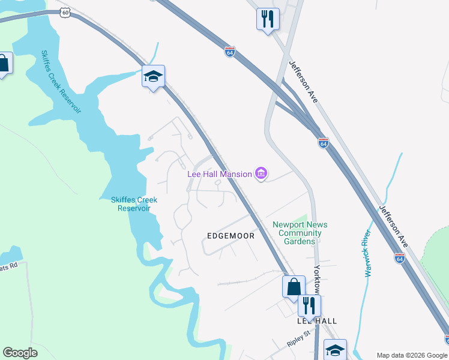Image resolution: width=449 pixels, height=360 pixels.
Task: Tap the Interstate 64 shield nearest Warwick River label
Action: click(400, 257)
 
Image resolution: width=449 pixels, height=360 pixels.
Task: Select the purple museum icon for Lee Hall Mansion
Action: click(261, 174)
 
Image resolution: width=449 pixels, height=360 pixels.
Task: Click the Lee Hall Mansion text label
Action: click(220, 174)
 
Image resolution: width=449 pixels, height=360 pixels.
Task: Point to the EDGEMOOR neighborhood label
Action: click(231, 236)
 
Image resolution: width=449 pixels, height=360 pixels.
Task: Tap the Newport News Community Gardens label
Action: click(300, 233)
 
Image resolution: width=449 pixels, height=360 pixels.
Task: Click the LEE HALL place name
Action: click(318, 321)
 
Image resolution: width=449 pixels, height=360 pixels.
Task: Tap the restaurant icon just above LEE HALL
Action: click(309, 304)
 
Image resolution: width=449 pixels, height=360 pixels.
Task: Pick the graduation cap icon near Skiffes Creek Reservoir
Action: click(153, 76)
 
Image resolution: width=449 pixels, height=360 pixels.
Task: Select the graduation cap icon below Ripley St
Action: click(335, 349)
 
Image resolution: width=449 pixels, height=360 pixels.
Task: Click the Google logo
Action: click(20, 353)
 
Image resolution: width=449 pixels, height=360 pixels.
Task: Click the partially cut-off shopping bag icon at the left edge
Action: click(4, 64)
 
